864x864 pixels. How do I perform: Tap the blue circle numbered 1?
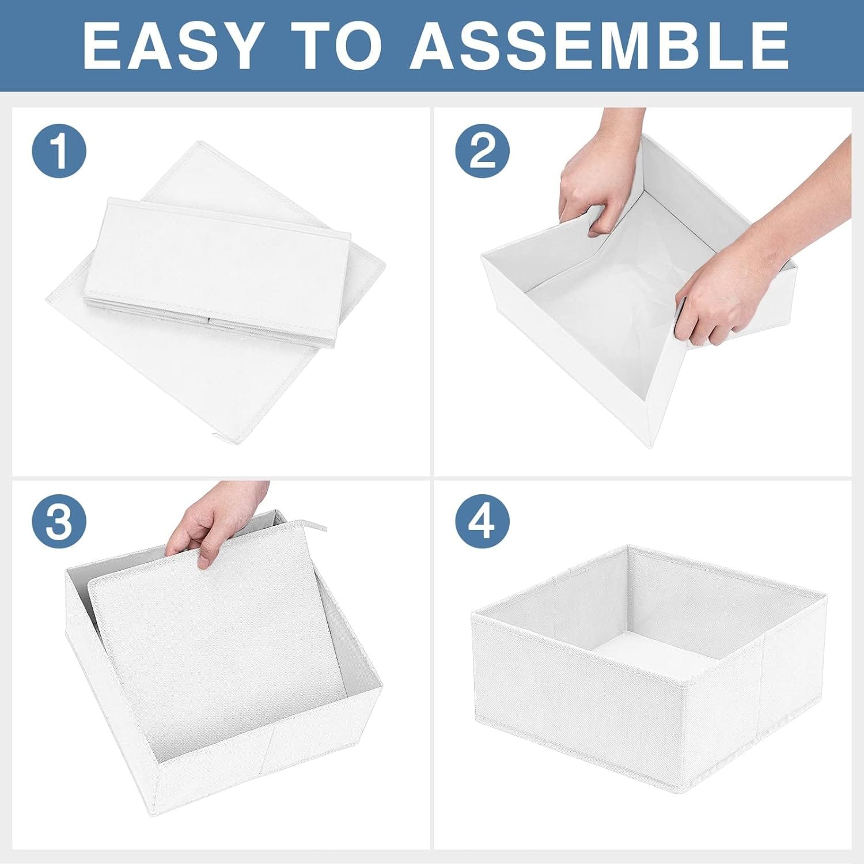(59, 151)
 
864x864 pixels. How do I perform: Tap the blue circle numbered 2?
(483, 151)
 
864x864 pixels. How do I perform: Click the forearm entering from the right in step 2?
(806, 202)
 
